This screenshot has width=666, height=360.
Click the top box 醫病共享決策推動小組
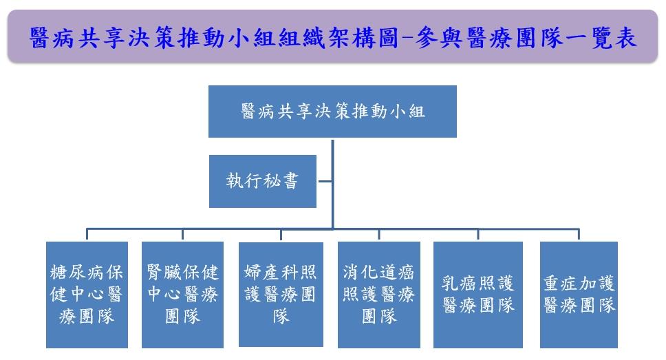point(332,112)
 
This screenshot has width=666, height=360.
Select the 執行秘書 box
point(263,181)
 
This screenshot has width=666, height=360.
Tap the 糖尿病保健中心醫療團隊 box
point(87,295)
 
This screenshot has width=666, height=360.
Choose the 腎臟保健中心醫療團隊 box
point(182,295)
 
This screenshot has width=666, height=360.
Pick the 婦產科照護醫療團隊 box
point(281,294)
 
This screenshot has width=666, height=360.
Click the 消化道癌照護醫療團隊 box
point(379,295)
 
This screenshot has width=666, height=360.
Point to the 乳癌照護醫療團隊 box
point(478,295)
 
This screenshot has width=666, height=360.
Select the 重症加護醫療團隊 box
point(579,295)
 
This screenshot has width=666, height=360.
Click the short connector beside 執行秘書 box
point(325,182)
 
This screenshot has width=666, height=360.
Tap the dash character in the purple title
point(407,39)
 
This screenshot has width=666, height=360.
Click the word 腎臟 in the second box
point(164,272)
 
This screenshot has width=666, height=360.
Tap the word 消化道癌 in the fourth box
point(378,272)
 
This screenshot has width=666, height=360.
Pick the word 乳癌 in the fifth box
point(458,284)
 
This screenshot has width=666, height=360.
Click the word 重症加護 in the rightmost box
point(579,284)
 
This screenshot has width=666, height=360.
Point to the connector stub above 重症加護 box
point(579,235)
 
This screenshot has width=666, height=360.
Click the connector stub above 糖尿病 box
point(87,235)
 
